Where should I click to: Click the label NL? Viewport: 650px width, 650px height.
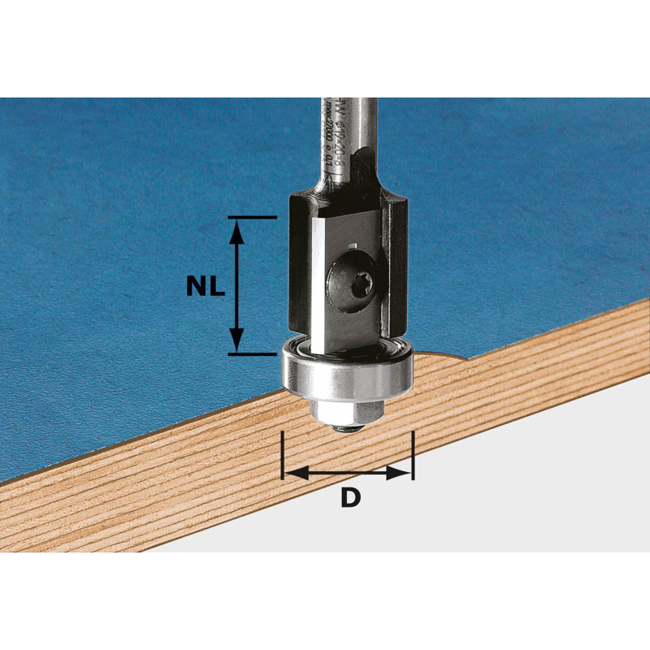203,285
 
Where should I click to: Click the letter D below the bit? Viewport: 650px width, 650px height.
349,498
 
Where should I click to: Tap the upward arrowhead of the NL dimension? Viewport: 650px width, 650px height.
236,232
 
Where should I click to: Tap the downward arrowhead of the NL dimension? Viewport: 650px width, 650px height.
236,340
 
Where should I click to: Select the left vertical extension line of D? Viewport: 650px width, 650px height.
283,455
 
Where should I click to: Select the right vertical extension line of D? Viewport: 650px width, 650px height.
414,455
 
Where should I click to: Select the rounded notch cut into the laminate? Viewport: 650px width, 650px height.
443,354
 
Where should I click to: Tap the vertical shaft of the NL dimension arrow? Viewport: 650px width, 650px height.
236,285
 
